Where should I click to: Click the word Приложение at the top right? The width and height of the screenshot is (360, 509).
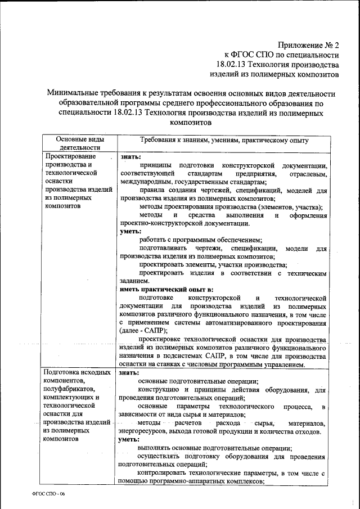300,46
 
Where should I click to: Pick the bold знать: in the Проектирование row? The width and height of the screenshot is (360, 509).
130,157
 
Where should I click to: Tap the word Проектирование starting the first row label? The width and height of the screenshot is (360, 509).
71,156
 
